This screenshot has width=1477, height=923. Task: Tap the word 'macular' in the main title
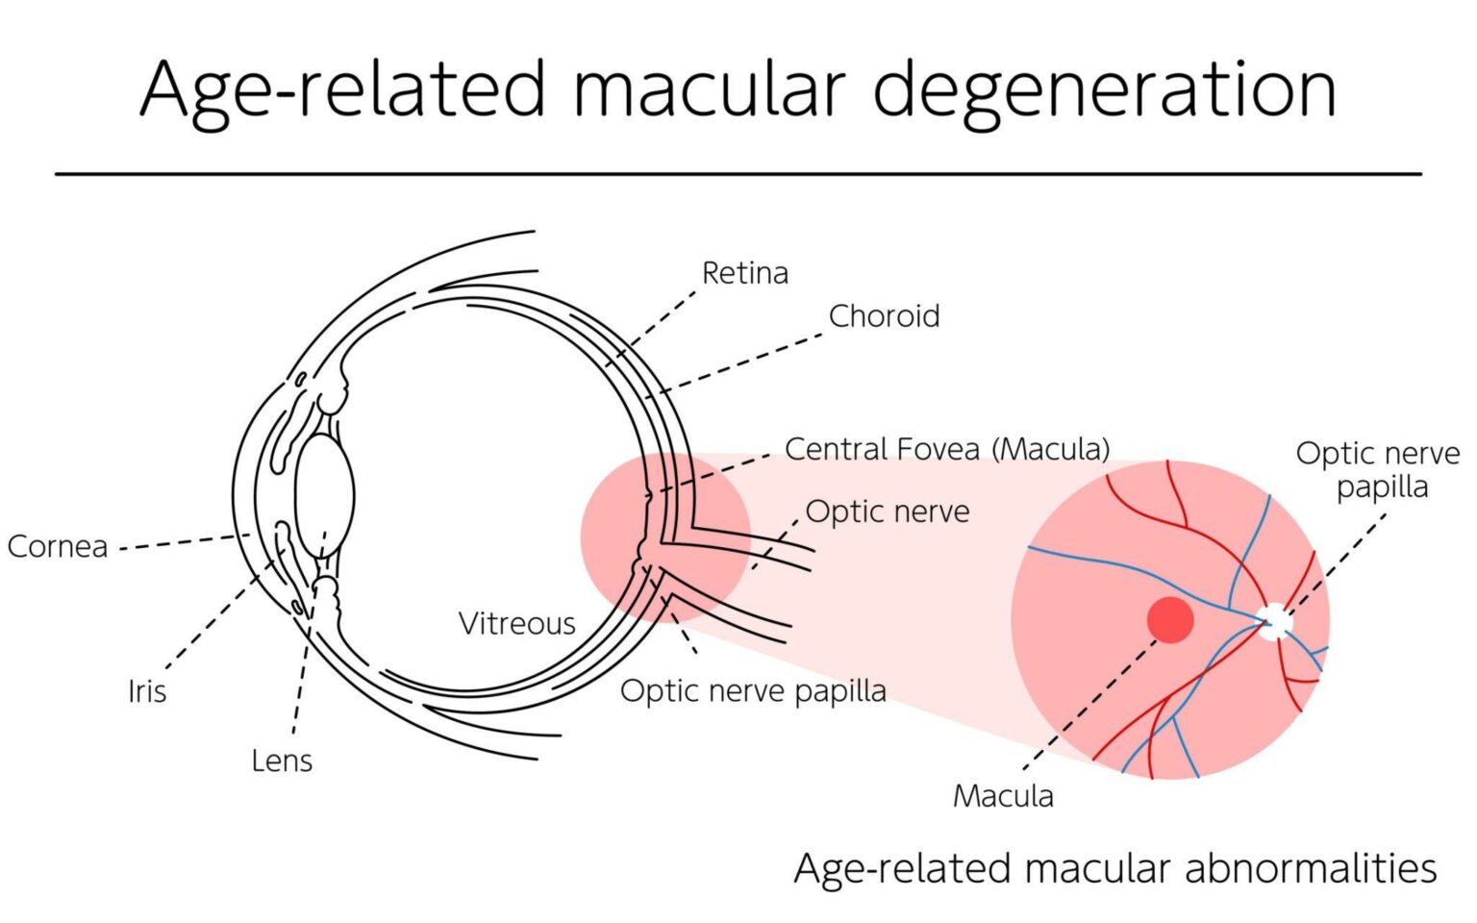[x=710, y=89]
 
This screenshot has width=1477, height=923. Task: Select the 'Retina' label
[x=744, y=273]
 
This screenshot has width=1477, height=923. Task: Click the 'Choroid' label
[x=884, y=316]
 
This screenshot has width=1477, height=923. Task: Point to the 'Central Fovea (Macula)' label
[x=947, y=449]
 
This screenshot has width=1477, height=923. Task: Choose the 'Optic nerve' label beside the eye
[x=888, y=511]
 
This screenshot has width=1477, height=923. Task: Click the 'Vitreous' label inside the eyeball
[x=516, y=624]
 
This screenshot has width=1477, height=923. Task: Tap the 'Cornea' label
[x=58, y=546]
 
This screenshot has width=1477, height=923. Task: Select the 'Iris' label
[x=147, y=691]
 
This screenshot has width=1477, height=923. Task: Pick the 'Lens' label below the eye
[x=282, y=761]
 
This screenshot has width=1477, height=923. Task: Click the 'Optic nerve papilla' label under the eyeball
[x=753, y=690]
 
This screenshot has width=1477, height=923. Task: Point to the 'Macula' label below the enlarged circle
[x=1003, y=796]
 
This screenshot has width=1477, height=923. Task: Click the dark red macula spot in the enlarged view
[x=1170, y=620]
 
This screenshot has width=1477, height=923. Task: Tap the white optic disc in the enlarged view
[x=1275, y=621]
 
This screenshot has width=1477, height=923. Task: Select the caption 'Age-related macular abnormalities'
[x=1114, y=868]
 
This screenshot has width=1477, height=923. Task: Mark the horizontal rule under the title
[x=738, y=174]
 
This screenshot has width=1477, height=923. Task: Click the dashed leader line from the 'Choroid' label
[x=740, y=363]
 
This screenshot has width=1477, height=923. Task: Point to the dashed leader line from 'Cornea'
[x=178, y=542]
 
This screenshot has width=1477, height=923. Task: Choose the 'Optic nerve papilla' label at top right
[x=1377, y=470]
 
